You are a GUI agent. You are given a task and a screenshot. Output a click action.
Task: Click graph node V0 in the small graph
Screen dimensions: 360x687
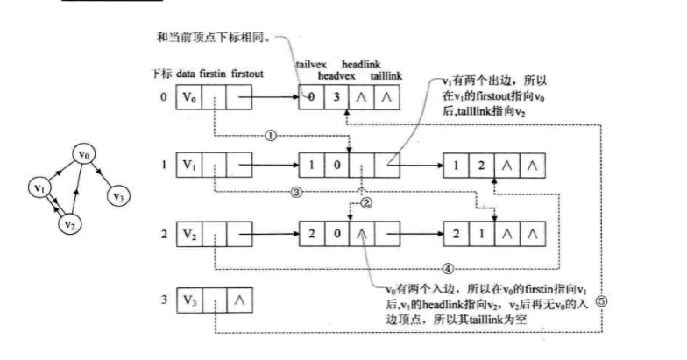click(84, 154)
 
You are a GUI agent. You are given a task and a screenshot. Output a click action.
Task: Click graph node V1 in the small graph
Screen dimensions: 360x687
click(38, 187)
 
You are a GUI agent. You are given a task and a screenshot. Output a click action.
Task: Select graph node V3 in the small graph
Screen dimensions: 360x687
click(118, 196)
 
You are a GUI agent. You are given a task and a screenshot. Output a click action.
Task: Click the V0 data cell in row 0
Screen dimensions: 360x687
click(189, 96)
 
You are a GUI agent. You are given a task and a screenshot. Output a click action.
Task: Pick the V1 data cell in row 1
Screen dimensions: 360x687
click(189, 164)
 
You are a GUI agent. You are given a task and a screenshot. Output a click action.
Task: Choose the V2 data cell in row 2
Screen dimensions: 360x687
click(189, 234)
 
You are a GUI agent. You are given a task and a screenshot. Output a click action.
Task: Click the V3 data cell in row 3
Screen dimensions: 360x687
click(189, 300)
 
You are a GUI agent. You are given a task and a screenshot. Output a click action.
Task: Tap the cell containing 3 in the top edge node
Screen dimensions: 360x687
click(336, 96)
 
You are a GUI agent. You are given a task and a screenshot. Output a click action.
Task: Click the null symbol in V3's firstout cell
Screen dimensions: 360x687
click(239, 300)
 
